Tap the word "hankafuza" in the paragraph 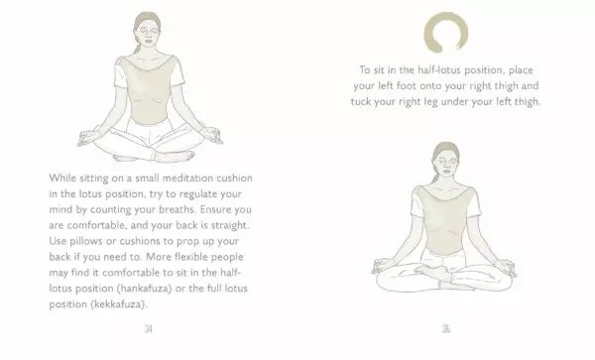[144, 289]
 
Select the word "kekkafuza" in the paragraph [118, 304]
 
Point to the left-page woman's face [148, 34]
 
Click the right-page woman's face [446, 165]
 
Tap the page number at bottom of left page [149, 329]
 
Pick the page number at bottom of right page [446, 329]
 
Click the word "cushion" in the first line [234, 179]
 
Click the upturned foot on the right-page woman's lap [432, 270]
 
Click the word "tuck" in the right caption [359, 102]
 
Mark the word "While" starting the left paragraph [63, 179]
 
